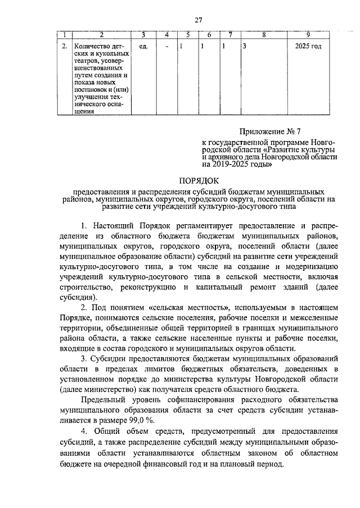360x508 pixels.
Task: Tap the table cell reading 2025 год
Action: point(308,46)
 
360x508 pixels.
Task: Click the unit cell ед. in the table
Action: point(143,46)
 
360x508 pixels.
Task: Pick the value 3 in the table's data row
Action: point(245,46)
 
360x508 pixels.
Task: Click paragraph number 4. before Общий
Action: point(84,432)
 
